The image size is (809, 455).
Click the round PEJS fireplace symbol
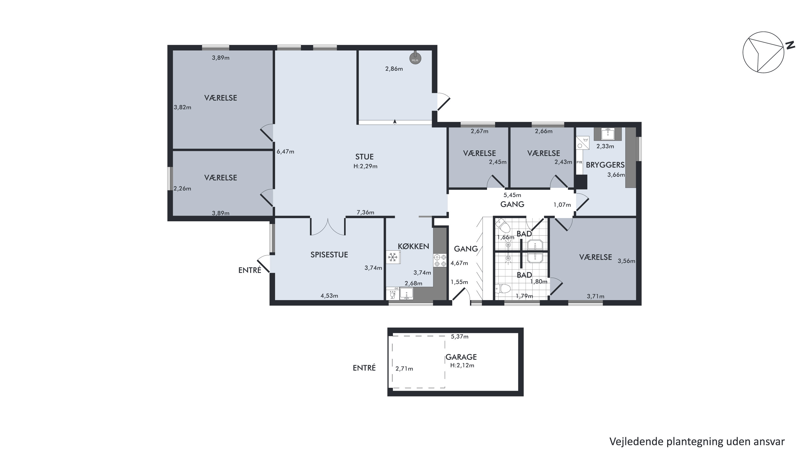415,59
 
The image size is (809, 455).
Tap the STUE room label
364,157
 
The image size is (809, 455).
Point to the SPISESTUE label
329,255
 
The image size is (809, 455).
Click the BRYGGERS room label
605,165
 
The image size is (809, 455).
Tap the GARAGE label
461,357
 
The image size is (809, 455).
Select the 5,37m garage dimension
460,337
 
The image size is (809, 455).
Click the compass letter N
790,45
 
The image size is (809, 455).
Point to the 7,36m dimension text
365,212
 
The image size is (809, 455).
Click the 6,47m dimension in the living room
286,152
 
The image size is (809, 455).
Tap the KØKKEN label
413,246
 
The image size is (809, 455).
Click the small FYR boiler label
580,162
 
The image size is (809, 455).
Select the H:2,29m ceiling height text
365,166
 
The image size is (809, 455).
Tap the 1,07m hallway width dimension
562,205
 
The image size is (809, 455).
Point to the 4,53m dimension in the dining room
329,296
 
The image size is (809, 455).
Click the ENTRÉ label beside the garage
364,368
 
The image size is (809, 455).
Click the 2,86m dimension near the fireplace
394,69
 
